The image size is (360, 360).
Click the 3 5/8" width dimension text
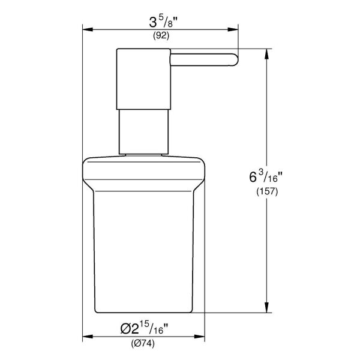click(x=160, y=23)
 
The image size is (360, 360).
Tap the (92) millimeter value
click(x=160, y=36)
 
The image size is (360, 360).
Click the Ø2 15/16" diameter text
click(x=144, y=329)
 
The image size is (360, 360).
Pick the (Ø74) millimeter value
click(x=143, y=344)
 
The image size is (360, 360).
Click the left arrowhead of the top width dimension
click(x=86, y=28)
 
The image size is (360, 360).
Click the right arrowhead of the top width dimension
click(x=236, y=28)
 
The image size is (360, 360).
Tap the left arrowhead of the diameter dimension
click(x=86, y=336)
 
